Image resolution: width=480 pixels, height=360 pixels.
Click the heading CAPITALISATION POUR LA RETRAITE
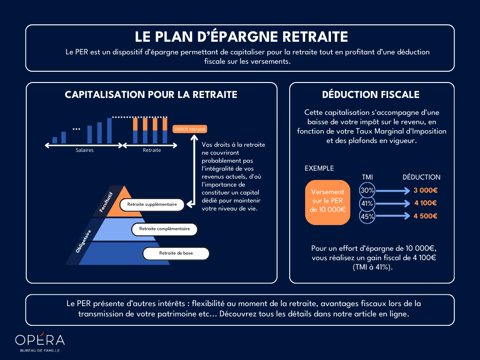pos(151,95)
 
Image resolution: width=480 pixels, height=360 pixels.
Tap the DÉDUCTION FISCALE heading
pos(371,95)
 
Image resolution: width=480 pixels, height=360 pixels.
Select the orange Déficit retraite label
pos(190,129)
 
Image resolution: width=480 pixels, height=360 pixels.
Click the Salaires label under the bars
pos(85,150)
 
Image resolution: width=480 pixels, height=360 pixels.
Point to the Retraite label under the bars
pos(152,150)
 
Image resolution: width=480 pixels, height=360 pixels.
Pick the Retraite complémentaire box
pos(164,229)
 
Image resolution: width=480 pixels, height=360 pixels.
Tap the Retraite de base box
pos(176,254)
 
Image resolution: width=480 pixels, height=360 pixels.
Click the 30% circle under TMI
pos(367,190)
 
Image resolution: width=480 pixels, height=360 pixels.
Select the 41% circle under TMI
pos(367,203)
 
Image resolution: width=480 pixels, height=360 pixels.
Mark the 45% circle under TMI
pos(367,216)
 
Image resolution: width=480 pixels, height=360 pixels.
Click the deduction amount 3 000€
pos(425,190)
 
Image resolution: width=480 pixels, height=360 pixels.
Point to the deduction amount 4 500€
pos(425,216)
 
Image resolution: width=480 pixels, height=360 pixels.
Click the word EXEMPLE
pos(319,168)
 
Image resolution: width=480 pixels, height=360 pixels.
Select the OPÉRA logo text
pos(40,340)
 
